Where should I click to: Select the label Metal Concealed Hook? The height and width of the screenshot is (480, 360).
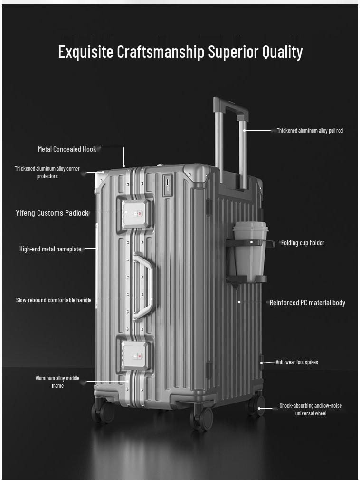point(67,149)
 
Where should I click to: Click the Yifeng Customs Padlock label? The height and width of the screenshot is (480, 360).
point(52,213)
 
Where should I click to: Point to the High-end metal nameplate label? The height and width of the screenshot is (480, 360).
point(50,249)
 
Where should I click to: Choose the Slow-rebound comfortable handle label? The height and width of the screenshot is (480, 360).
point(53,300)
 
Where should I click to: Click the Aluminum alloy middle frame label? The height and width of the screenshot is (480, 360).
point(57,382)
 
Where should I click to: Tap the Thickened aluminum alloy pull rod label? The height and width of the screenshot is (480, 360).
point(310,131)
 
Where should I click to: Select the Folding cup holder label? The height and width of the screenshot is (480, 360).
point(303,243)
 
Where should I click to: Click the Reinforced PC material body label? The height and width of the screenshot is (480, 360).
point(307,303)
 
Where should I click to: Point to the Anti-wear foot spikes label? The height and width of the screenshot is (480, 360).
point(297,362)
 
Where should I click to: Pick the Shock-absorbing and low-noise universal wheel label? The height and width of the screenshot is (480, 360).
point(311,410)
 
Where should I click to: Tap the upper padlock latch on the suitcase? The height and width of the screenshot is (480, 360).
point(136,214)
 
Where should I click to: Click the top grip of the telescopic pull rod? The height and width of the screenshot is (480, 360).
point(230,105)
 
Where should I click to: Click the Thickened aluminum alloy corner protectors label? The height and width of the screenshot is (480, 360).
point(47,173)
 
